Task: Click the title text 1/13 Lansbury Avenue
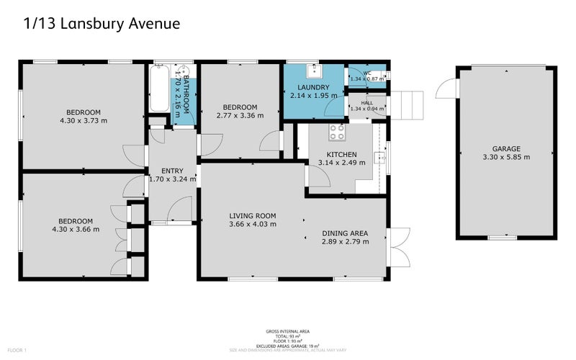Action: point(102,24)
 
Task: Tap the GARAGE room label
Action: point(506,148)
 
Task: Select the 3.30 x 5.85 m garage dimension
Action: point(506,157)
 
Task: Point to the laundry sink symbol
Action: point(314,71)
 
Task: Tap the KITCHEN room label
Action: point(341,154)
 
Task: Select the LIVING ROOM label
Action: point(253,216)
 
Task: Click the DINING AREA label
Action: point(345,233)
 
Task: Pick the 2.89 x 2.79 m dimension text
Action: point(345,242)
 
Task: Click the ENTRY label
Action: point(172,171)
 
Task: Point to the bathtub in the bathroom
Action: point(159,89)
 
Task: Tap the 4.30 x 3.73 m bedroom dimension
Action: point(84,120)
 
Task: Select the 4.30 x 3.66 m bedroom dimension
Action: point(75,229)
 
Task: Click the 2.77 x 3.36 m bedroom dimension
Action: point(240,115)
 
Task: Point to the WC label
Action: point(366,73)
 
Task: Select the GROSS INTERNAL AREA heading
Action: point(287,333)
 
